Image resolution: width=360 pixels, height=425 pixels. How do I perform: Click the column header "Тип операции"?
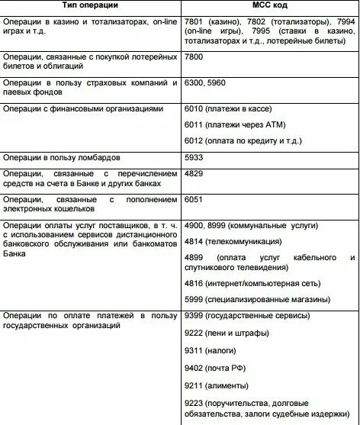tap(90, 7)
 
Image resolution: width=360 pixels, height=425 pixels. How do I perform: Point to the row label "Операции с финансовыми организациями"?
tap(83, 108)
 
